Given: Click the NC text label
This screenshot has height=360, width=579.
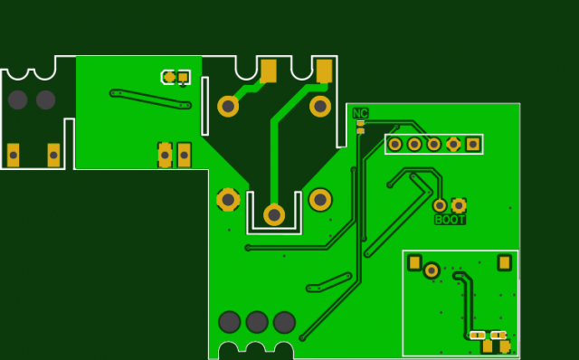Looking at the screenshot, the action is pyautogui.click(x=360, y=113).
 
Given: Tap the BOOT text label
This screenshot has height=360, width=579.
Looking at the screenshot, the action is pyautogui.click(x=450, y=220).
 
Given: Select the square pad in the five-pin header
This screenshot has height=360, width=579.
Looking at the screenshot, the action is pyautogui.click(x=473, y=144).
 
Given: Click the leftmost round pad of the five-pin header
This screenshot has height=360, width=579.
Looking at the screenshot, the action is pyautogui.click(x=394, y=144).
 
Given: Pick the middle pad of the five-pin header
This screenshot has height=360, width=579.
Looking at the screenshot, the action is pyautogui.click(x=434, y=144).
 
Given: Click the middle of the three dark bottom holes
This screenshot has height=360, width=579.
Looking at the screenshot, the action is pyautogui.click(x=257, y=322).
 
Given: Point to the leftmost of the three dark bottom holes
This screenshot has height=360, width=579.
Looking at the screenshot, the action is pyautogui.click(x=230, y=322).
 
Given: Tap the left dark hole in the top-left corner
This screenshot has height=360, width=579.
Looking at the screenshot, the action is pyautogui.click(x=18, y=99).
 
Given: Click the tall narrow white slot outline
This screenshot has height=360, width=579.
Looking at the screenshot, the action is pyautogui.click(x=205, y=107).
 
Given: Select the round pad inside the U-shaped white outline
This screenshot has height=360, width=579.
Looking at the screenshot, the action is pyautogui.click(x=274, y=214).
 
